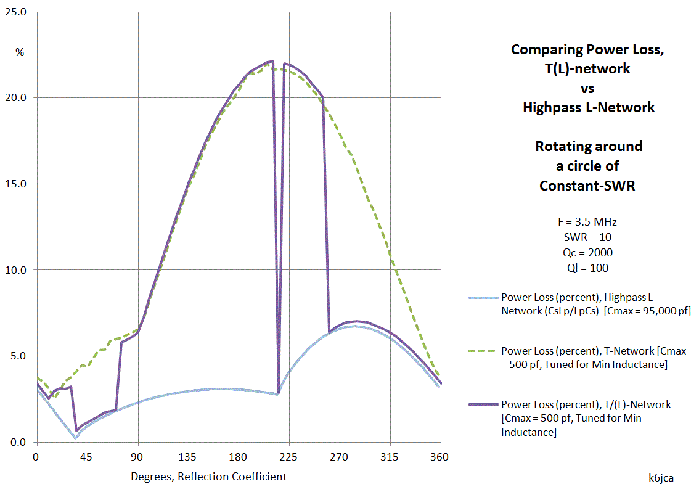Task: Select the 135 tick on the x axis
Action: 188,457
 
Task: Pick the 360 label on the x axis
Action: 440,457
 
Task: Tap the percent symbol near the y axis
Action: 20,53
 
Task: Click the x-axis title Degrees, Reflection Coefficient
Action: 208,476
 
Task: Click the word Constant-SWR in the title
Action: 586,185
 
